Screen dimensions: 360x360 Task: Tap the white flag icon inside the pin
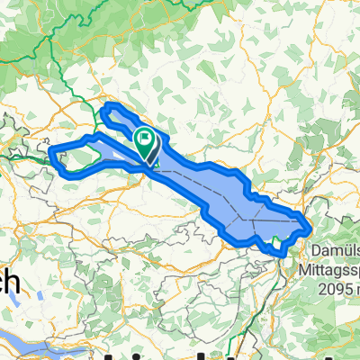coord(144,138)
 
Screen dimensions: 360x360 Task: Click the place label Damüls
coord(335,247)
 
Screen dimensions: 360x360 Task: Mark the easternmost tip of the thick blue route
coord(310,222)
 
